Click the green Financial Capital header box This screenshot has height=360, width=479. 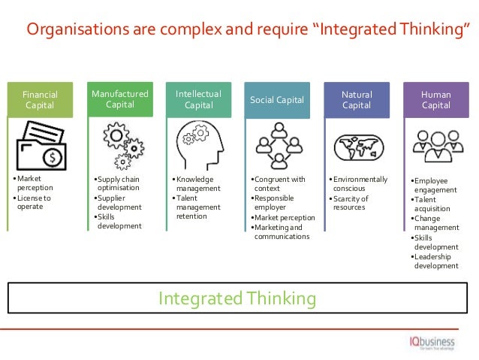[x=40, y=100]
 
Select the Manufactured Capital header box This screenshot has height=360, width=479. [x=120, y=98]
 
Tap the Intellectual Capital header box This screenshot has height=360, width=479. [x=198, y=99]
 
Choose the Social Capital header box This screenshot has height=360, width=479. [x=276, y=100]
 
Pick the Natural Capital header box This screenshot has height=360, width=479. [x=357, y=100]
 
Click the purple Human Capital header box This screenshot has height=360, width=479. [x=435, y=100]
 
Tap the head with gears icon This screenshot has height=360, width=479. [x=198, y=145]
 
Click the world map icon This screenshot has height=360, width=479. [x=357, y=147]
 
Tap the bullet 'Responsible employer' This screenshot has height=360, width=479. [x=278, y=203]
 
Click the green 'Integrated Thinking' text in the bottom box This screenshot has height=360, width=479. [x=236, y=298]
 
